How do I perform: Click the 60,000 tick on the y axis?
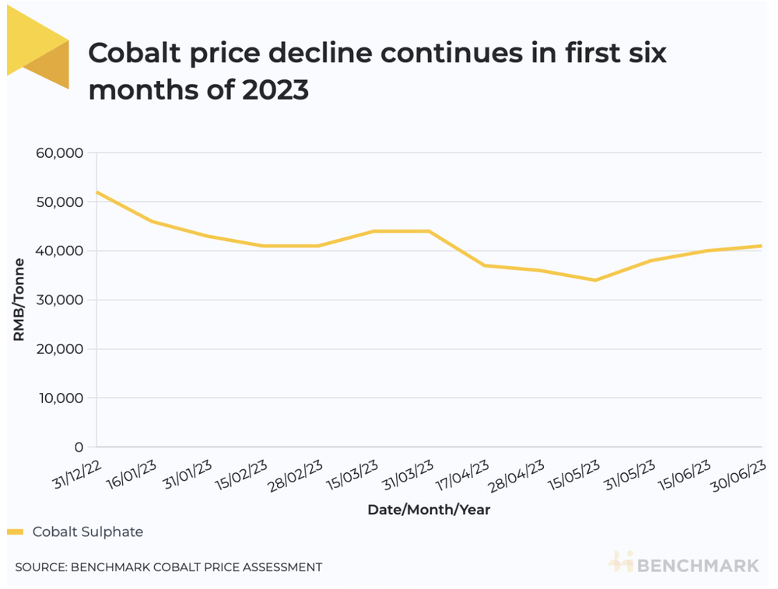point(61,153)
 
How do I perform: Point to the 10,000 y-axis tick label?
point(61,398)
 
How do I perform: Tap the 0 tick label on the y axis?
point(78,447)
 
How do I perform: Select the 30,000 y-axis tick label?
point(61,300)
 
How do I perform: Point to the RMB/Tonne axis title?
point(18,299)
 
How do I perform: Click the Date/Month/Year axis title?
point(429,510)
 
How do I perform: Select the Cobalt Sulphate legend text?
point(88,532)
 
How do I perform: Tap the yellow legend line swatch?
point(16,532)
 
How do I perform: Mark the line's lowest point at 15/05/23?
point(595,280)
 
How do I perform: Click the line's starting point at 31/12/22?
point(96,192)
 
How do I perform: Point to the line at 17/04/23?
point(484,265)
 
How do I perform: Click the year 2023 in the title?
point(275,89)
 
